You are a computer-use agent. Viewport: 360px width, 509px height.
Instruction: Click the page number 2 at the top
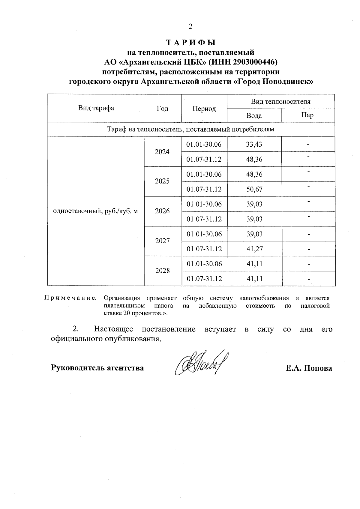click(x=190, y=26)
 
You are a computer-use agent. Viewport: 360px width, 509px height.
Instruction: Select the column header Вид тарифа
click(x=96, y=108)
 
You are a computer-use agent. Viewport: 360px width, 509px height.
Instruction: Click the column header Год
click(x=163, y=108)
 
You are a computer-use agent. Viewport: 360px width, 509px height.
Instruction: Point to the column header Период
click(x=204, y=109)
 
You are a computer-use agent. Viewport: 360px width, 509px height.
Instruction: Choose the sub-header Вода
click(x=254, y=115)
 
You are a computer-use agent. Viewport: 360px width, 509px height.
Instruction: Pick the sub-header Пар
click(x=307, y=115)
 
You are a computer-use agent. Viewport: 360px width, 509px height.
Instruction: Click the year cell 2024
click(x=162, y=152)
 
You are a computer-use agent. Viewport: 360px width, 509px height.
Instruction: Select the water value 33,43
click(x=254, y=144)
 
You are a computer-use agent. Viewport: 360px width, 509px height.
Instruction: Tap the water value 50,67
click(x=254, y=189)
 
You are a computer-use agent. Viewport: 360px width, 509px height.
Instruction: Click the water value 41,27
click(x=254, y=249)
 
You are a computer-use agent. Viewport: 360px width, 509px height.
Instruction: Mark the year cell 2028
click(x=163, y=271)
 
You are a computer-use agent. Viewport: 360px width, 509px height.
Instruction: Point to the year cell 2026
click(x=162, y=211)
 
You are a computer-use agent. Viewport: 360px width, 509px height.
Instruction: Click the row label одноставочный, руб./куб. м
click(x=95, y=211)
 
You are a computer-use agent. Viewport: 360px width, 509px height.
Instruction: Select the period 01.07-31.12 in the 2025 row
click(x=204, y=189)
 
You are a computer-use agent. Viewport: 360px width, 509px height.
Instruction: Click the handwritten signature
click(x=201, y=363)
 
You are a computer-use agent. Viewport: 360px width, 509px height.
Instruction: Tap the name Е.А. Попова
click(x=309, y=368)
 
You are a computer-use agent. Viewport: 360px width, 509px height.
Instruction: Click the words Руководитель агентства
click(x=97, y=368)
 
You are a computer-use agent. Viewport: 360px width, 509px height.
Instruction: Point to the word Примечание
click(x=70, y=298)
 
